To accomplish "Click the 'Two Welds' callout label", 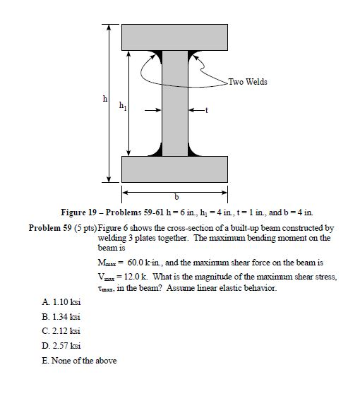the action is click(248, 82).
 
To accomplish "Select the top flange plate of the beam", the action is click(174, 37).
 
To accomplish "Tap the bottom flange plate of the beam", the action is click(174, 169).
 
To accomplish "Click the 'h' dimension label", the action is click(106, 100).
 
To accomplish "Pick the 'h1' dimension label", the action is click(124, 106).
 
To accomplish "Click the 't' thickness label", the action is click(205, 110).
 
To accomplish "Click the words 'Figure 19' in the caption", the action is click(80, 212).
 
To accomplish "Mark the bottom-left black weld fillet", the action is click(157, 150).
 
